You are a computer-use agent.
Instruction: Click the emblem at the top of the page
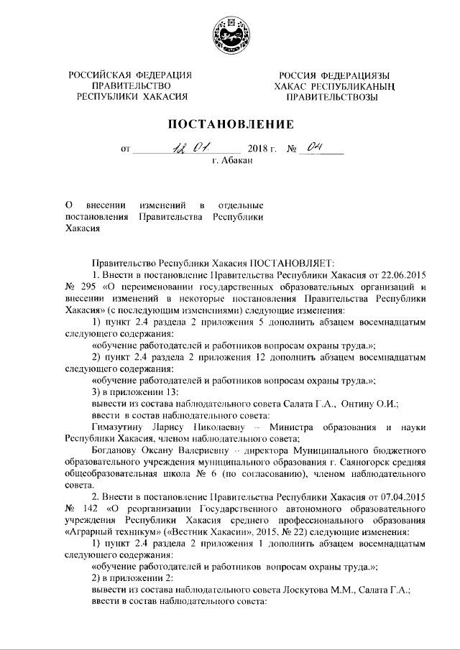tap(230, 35)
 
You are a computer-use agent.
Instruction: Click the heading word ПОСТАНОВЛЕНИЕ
tap(231, 124)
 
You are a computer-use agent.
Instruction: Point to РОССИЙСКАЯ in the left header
tap(99, 75)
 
